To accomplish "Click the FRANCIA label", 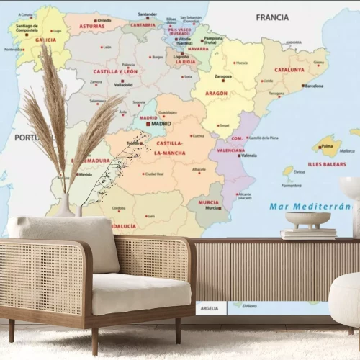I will (272, 16).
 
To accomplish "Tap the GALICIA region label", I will (45, 40).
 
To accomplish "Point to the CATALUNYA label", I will (289, 70).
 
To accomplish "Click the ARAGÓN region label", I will (216, 93).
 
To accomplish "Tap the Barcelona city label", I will (314, 86).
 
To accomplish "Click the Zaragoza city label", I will (222, 76).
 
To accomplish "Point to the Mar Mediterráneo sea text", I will (310, 206).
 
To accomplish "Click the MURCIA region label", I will (208, 202).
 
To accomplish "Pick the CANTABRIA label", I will (143, 24).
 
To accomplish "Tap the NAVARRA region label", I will (197, 48).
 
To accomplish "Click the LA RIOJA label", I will (185, 61).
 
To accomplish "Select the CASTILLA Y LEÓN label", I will (115, 71).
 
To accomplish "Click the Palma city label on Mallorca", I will (327, 145).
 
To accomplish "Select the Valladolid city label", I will (123, 84).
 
